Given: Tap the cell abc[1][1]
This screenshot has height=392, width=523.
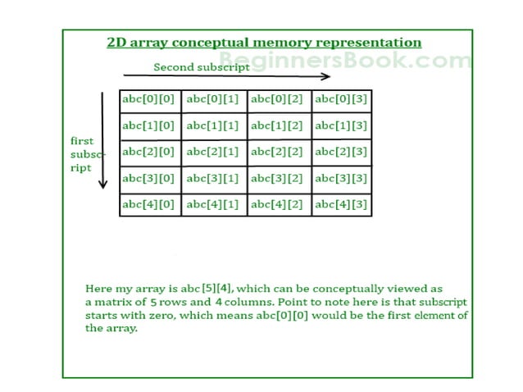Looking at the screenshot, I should [x=214, y=127].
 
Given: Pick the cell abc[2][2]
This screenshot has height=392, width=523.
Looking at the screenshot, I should [x=278, y=153].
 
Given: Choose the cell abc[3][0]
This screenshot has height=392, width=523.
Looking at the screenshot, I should [x=150, y=178].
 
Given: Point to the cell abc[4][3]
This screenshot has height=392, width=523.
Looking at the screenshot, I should [x=342, y=204].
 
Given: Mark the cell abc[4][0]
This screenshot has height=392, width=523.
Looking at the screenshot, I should [x=150, y=204].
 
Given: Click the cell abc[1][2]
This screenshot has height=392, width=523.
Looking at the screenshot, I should [x=278, y=127].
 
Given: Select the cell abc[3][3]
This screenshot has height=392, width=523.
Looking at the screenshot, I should [x=342, y=178].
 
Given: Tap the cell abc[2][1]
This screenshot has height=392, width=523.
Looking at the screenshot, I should [x=214, y=153].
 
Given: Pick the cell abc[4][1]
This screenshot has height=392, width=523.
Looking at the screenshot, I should [x=214, y=204].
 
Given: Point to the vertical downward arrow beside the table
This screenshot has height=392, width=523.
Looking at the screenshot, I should [x=103, y=140].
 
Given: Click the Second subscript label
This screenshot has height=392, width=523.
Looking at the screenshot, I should [x=202, y=67].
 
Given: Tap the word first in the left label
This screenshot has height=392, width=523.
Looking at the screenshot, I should [x=81, y=141].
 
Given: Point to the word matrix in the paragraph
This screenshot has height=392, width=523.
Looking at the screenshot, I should [x=111, y=303].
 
